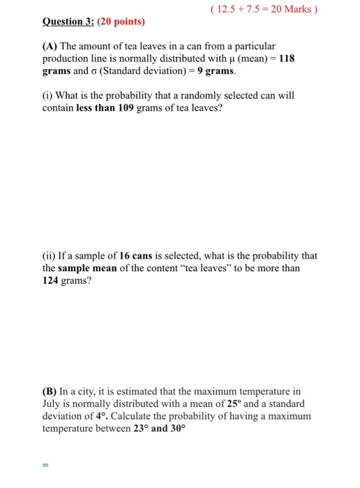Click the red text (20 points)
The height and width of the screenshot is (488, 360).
tap(122, 22)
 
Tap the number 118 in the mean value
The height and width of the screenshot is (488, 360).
tap(286, 59)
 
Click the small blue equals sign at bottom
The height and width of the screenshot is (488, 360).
tap(47, 466)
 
